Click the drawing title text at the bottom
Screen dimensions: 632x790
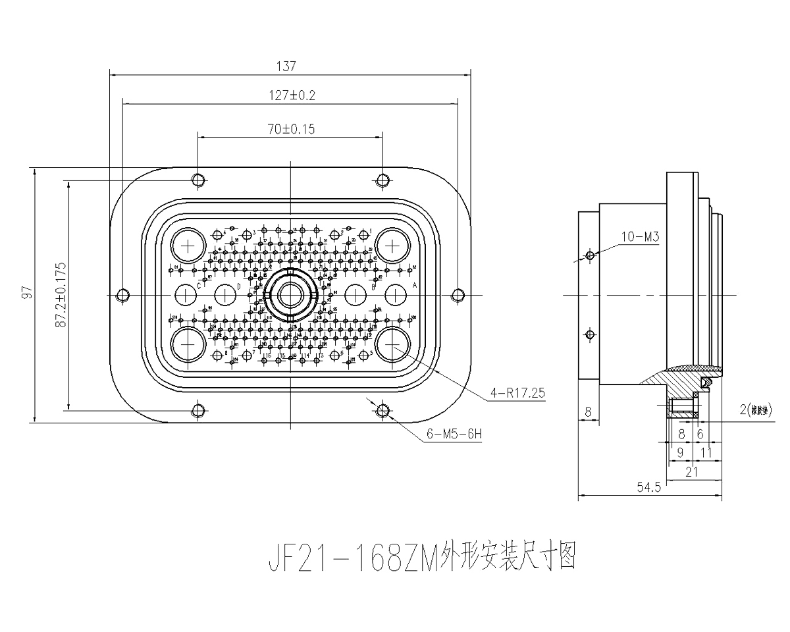point(422,560)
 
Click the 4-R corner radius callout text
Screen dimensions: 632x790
point(517,394)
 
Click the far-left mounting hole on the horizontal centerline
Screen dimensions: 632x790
point(122,296)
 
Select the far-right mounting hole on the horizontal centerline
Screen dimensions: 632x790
point(459,296)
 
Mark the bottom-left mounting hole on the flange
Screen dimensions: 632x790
point(198,411)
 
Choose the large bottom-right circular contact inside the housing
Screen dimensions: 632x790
point(393,344)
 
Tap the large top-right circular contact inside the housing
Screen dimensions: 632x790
point(393,247)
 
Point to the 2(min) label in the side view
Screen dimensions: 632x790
point(757,411)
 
